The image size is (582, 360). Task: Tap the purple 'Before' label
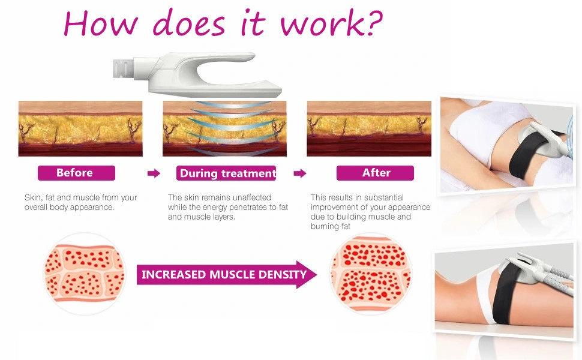click(x=76, y=173)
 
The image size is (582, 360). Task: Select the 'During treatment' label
click(x=226, y=173)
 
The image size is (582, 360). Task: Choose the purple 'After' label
click(x=375, y=173)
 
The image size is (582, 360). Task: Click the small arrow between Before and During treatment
click(x=154, y=173)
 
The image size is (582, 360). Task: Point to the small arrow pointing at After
click(x=300, y=173)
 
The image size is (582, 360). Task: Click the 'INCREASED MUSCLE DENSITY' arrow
click(x=226, y=275)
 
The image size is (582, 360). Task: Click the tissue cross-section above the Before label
click(x=80, y=128)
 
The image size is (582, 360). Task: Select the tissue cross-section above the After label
click(x=369, y=128)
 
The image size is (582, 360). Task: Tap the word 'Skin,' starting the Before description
click(x=32, y=198)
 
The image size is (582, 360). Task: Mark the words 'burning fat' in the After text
click(x=331, y=226)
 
